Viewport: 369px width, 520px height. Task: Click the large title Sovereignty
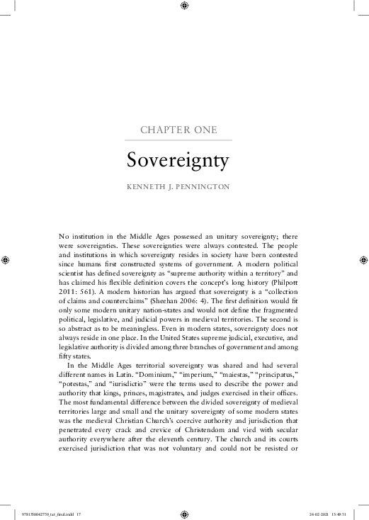pyautogui.click(x=178, y=160)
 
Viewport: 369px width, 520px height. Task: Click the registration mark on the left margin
pyautogui.click(x=6, y=260)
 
